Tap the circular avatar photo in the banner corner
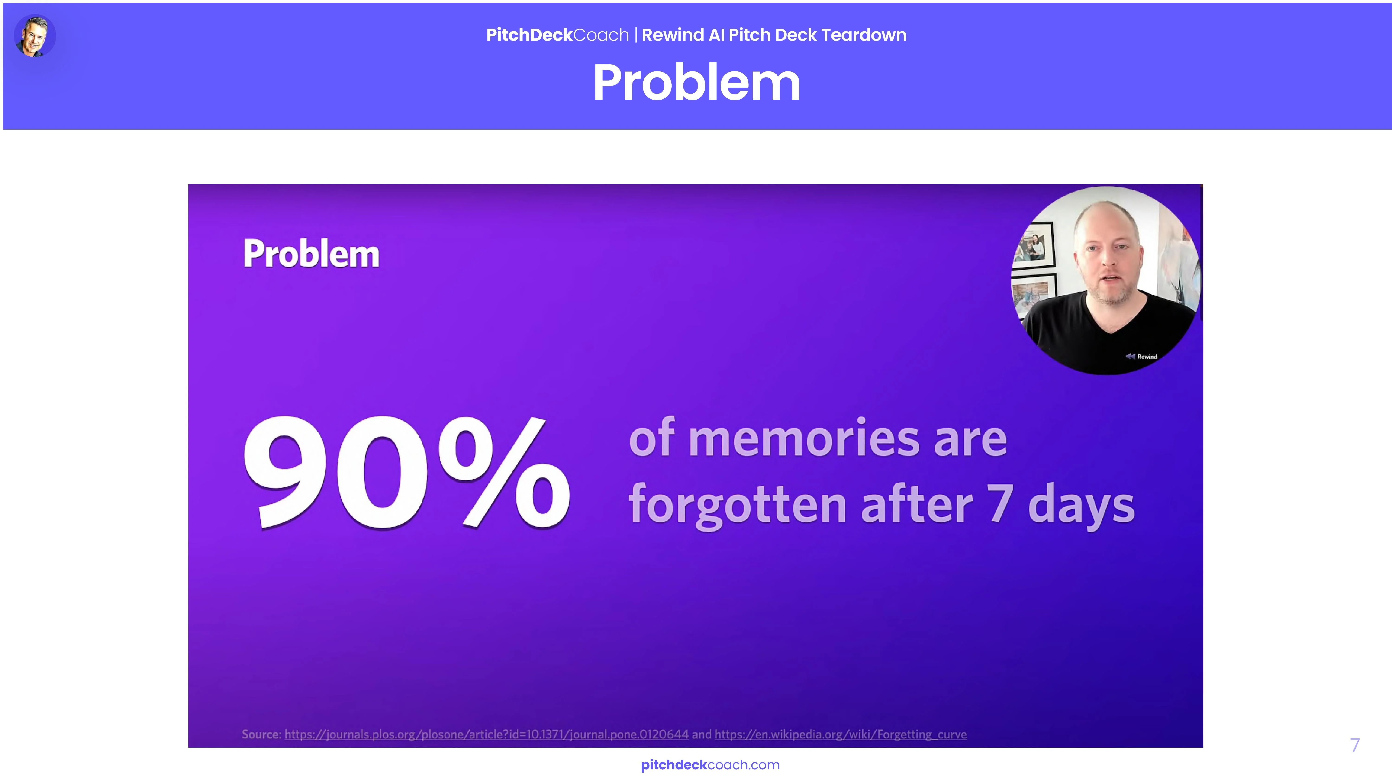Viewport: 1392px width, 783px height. (x=35, y=36)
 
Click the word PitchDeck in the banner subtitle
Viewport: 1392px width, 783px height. (x=529, y=35)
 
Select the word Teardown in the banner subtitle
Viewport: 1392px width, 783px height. (x=864, y=35)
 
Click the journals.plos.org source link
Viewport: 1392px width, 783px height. (x=486, y=734)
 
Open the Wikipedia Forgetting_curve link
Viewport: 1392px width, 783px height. (x=840, y=734)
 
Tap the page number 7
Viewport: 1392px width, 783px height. (x=1355, y=745)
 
